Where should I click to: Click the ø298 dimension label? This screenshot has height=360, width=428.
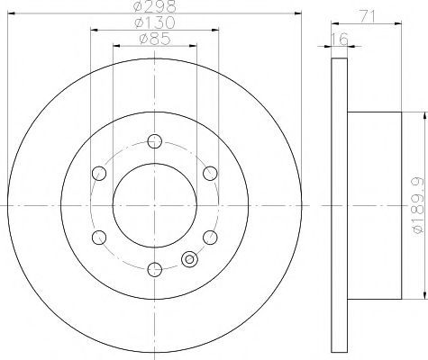[x=155, y=6]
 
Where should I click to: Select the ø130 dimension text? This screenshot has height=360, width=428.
[x=155, y=22]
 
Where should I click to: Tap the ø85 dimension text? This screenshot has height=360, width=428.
[x=155, y=39]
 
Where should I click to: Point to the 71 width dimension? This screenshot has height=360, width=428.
[x=367, y=16]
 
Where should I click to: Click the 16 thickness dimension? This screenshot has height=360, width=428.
[x=340, y=39]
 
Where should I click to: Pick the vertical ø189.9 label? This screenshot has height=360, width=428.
[x=418, y=205]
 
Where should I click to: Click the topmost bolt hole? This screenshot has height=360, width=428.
[x=155, y=141]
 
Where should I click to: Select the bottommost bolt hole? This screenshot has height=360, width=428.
[x=155, y=269]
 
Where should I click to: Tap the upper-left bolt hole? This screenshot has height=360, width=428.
[x=99, y=173]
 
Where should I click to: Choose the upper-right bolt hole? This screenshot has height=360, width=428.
[x=210, y=173]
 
